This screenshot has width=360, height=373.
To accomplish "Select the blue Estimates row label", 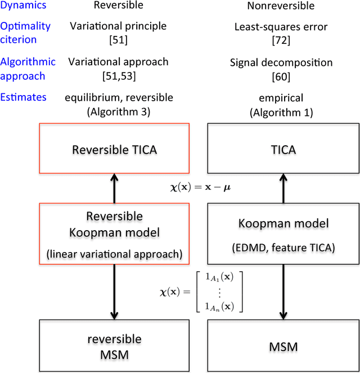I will coord(23,97).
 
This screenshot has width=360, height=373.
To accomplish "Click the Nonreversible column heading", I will coord(281,6).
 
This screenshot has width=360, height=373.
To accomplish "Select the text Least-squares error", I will coord(281,26).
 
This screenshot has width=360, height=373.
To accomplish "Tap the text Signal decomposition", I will coord(281,63).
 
